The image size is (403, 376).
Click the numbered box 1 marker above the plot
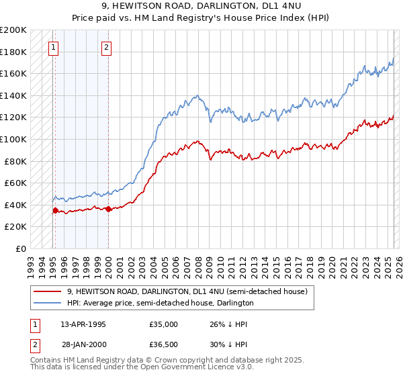click(53, 47)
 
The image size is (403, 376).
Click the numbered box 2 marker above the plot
click(107, 47)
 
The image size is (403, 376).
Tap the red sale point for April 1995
click(55, 210)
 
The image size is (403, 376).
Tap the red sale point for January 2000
click(108, 209)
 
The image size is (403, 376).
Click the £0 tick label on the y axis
click(21, 248)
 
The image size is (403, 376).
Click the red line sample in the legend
click(46, 291)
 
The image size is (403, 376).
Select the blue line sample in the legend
click(46, 303)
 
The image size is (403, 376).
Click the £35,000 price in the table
click(163, 324)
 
